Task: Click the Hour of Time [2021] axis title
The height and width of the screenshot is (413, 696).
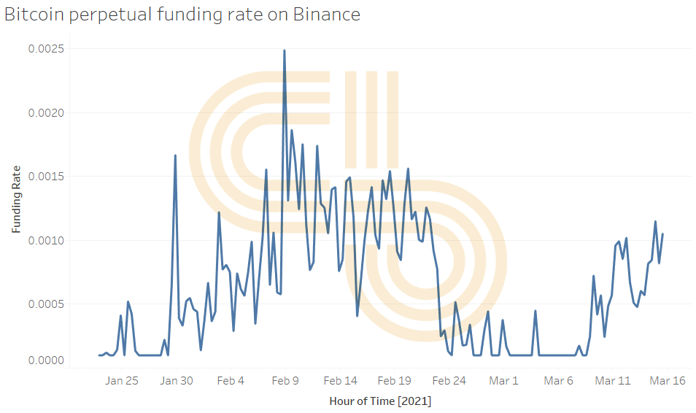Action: [380, 401]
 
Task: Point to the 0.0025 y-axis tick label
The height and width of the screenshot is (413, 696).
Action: [46, 49]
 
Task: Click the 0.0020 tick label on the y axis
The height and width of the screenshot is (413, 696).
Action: [46, 113]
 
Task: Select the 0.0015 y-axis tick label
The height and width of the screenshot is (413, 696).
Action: [46, 177]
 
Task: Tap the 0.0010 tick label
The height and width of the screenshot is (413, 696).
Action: [46, 241]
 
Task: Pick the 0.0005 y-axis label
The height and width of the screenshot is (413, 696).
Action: [46, 304]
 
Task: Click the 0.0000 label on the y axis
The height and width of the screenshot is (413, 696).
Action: [46, 360]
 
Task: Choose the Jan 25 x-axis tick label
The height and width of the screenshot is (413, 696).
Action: [122, 381]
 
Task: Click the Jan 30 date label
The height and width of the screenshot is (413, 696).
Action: [177, 381]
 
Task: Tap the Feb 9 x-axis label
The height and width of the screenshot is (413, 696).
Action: [285, 381]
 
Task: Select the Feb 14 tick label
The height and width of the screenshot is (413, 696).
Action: [340, 381]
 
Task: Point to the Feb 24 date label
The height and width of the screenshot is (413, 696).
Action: [449, 381]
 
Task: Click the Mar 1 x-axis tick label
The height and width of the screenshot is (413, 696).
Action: [503, 381]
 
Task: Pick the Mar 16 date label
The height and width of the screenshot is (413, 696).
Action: [668, 381]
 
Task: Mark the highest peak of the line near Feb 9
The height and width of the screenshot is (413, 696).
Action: [285, 50]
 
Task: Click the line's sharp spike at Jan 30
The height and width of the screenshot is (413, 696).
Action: [175, 155]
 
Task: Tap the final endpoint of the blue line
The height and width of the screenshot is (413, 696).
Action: [662, 234]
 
